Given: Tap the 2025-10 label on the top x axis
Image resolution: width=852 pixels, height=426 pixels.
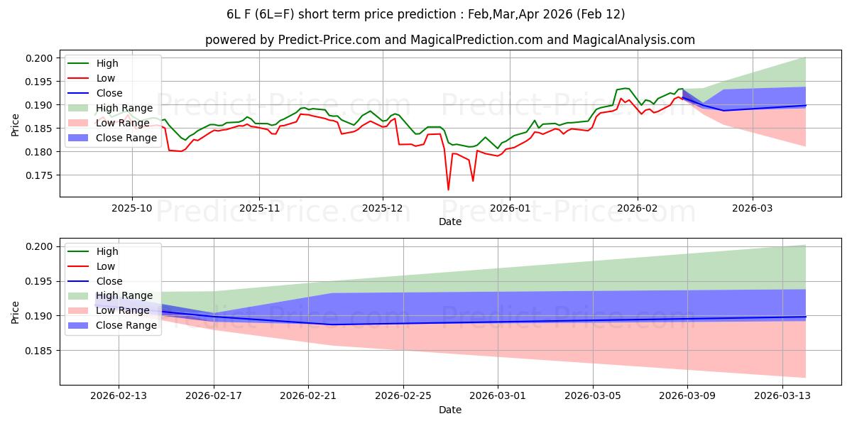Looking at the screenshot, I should pyautogui.click(x=131, y=208).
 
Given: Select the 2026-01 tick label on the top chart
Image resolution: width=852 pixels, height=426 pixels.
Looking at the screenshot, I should pyautogui.click(x=509, y=208).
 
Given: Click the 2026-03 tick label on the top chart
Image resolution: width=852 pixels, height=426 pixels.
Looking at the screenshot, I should pyautogui.click(x=753, y=208).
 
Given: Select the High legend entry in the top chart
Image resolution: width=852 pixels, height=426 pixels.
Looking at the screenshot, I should pyautogui.click(x=107, y=64).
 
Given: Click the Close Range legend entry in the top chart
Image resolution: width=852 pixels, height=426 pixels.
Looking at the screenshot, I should pyautogui.click(x=126, y=138).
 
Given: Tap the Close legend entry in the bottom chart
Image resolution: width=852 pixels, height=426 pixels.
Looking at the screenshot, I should pyautogui.click(x=109, y=281).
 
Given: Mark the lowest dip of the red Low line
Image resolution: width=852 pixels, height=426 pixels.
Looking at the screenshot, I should pyautogui.click(x=448, y=190).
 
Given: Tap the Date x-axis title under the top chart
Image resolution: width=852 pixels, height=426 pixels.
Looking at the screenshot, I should pyautogui.click(x=450, y=222).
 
